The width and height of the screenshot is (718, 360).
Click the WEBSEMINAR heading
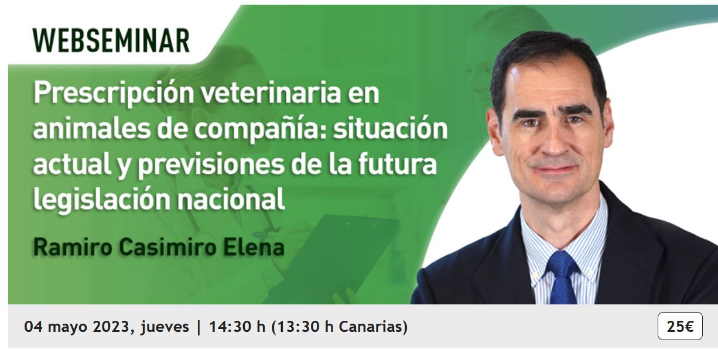coord(111,40)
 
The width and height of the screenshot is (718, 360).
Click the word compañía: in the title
coord(259,129)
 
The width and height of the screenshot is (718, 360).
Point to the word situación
coord(390,128)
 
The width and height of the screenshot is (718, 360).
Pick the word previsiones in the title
coord(211,165)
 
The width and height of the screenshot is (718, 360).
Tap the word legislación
coord(102,200)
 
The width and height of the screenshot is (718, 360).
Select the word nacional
coord(231,198)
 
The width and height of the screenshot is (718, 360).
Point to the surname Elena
coord(254,248)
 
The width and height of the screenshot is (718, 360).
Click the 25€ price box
coord(680,326)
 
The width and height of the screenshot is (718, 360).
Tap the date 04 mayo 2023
coord(77,327)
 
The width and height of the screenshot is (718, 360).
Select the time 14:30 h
coord(237,327)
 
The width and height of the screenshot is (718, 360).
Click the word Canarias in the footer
coord(370,327)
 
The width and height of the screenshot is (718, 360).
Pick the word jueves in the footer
coord(165,327)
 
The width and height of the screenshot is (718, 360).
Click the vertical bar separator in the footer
coord(199,327)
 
